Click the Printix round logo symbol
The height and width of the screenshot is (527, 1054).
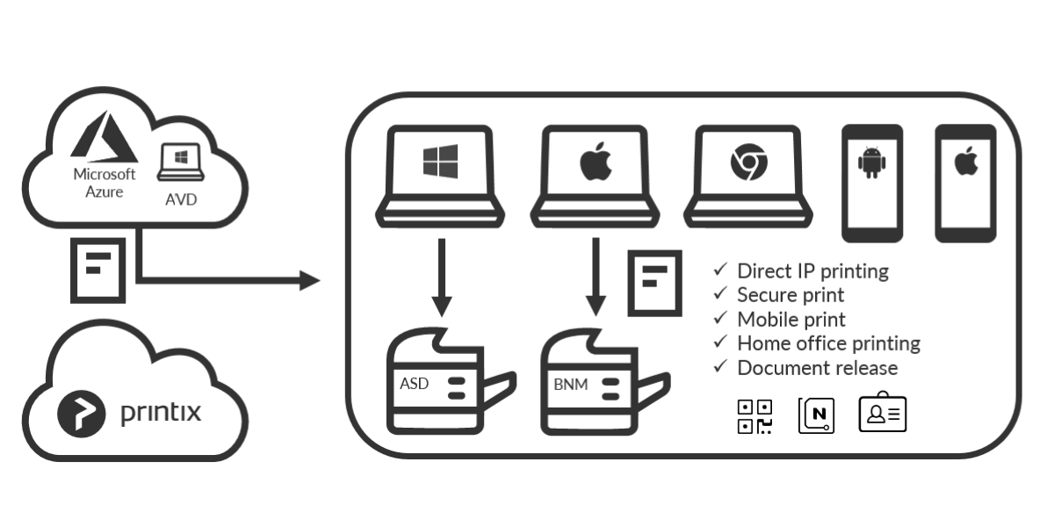(77, 413)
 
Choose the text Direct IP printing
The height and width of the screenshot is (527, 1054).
(812, 271)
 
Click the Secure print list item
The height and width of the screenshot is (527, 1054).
(790, 294)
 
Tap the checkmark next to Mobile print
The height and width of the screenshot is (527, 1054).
(720, 317)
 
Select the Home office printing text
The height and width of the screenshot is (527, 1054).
(828, 343)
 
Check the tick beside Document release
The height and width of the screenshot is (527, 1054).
(720, 365)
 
